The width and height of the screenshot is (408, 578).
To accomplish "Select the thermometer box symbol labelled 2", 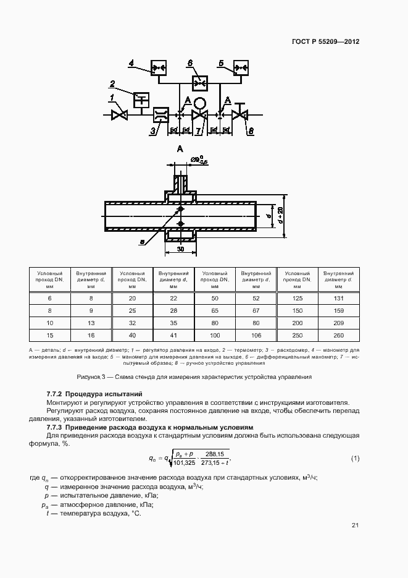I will coord(141,98).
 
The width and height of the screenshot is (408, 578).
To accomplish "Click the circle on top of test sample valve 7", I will coord(199,102).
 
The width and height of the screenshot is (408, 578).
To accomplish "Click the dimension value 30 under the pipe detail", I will coord(180,249).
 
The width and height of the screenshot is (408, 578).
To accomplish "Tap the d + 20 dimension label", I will coord(280,215).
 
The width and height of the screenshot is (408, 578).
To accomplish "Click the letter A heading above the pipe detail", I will coord(180,149).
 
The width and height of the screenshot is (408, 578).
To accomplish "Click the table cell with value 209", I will coord(338,323).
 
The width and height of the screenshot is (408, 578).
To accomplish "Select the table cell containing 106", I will coord(256,335).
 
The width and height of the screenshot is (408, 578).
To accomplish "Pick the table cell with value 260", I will coord(338,335).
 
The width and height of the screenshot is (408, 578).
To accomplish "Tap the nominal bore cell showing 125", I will coord(297,298).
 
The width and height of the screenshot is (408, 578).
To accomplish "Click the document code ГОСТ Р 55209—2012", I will coord(325,41).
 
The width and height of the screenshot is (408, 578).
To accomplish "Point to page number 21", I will coord(355,525).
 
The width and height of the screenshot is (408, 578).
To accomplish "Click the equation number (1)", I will coord(355,458).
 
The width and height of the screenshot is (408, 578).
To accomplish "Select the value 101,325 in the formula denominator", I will coord(185,462).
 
